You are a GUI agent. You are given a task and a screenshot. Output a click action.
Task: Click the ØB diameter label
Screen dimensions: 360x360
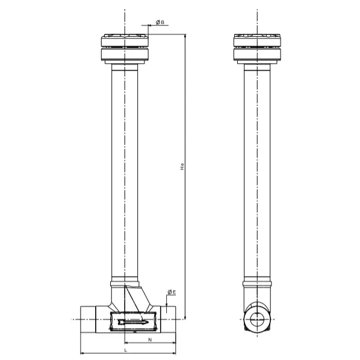point(160,22)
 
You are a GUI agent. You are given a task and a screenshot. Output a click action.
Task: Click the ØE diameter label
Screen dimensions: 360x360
point(172,292)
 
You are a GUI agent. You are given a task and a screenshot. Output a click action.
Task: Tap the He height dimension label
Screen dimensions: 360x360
point(182,166)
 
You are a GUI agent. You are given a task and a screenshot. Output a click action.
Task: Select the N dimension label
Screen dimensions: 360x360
point(150,340)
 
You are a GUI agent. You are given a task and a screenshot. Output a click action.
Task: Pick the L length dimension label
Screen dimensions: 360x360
point(125,350)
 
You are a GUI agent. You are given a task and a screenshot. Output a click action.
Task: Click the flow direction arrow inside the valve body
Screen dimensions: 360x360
point(133,322)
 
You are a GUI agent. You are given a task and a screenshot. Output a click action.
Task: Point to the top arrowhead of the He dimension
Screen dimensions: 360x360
point(185,37)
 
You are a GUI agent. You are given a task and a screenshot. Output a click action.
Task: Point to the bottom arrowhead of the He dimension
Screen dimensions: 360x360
point(185,317)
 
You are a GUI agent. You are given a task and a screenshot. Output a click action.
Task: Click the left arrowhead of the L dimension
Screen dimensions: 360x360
point(82,353)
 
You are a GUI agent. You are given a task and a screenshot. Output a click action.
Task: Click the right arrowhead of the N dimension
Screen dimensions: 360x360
point(173,343)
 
